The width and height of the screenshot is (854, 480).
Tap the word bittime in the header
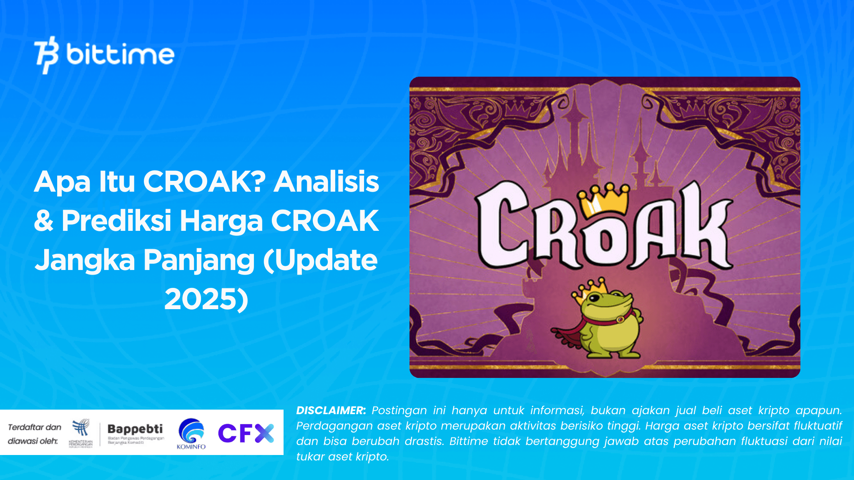120,55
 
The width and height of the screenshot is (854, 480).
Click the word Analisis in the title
326,182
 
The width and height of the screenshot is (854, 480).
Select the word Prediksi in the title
116,220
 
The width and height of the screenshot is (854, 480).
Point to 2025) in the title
206,299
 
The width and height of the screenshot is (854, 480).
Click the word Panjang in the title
199,260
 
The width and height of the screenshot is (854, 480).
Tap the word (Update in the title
320,260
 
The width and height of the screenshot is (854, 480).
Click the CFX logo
246,433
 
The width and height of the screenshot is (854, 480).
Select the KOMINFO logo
191,433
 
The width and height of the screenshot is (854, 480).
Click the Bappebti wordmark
135,429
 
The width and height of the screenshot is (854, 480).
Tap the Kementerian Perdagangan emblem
81,429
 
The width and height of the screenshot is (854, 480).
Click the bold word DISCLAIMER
331,410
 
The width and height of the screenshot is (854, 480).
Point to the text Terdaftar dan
35,427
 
